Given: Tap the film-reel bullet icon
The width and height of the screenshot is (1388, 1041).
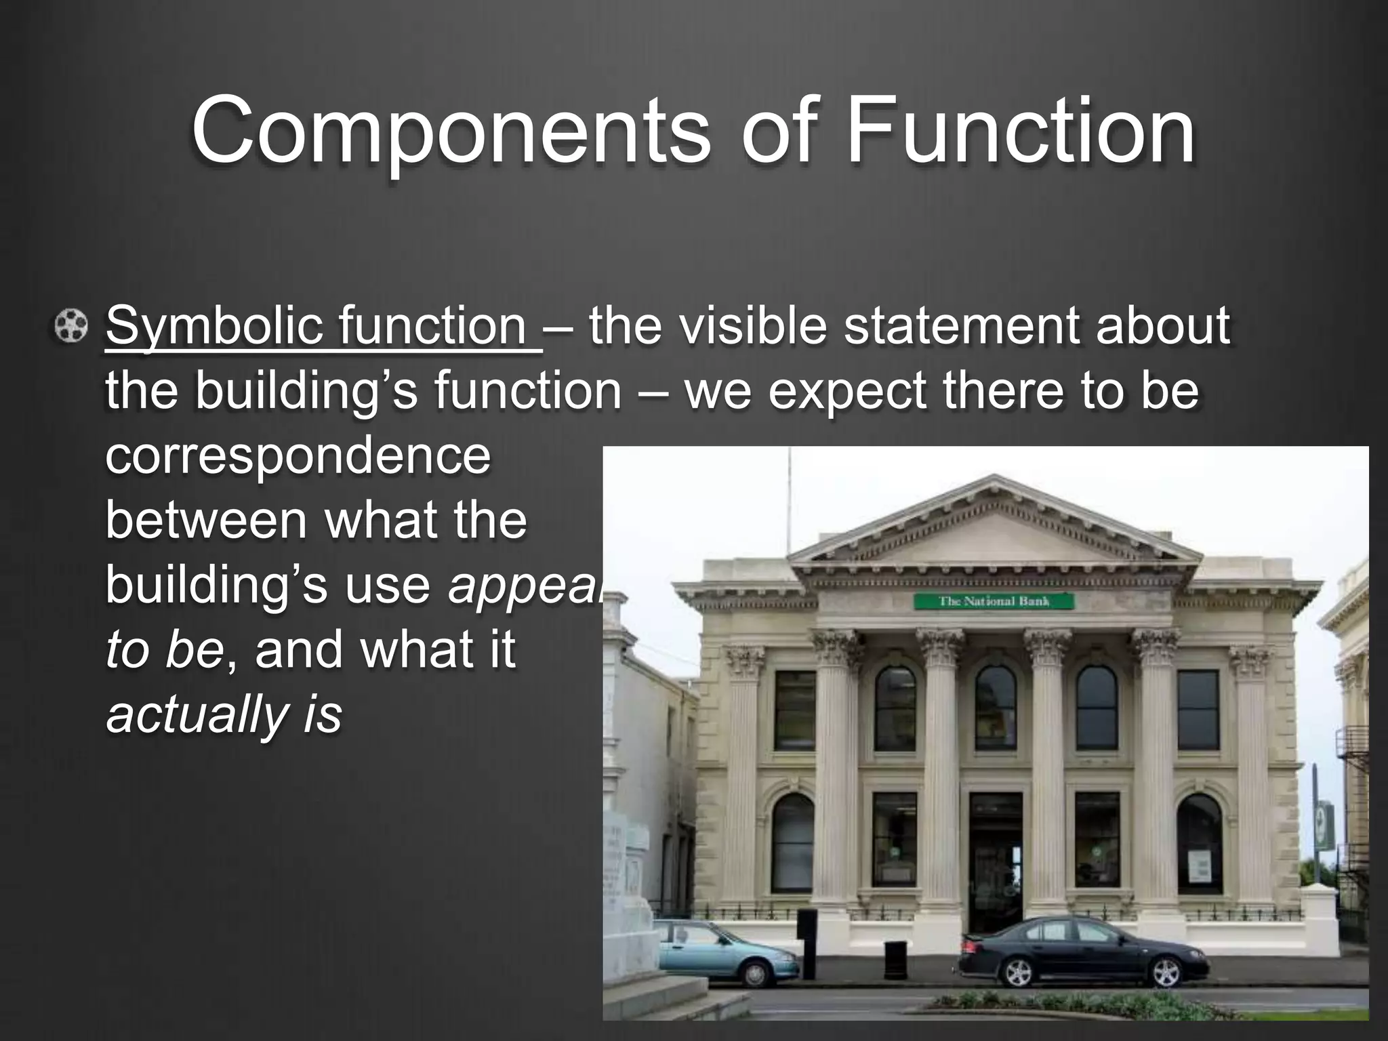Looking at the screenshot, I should [x=71, y=327].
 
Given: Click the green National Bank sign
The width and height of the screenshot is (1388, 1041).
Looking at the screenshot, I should [x=994, y=601].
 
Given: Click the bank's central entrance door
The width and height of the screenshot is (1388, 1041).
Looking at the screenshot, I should [x=995, y=861].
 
